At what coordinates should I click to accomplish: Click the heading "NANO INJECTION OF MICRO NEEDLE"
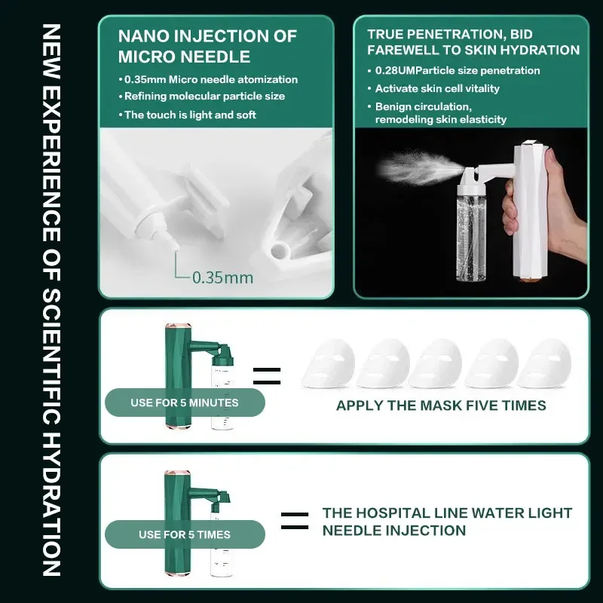tap(207, 46)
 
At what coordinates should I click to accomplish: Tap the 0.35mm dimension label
tap(222, 277)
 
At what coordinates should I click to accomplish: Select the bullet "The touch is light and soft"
tap(190, 115)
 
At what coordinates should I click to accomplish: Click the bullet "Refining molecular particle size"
tap(201, 96)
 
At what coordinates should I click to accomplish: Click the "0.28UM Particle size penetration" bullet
tap(458, 70)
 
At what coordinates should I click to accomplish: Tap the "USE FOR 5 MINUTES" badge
tap(184, 403)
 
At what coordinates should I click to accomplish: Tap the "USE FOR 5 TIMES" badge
tap(184, 534)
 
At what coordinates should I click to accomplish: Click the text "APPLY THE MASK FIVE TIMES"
tap(441, 406)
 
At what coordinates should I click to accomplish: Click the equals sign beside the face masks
tap(266, 376)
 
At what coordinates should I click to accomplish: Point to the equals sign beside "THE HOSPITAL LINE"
tap(294, 521)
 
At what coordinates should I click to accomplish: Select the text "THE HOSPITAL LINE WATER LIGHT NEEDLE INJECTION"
tap(447, 522)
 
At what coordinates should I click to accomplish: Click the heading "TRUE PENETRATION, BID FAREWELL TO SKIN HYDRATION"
tap(473, 42)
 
